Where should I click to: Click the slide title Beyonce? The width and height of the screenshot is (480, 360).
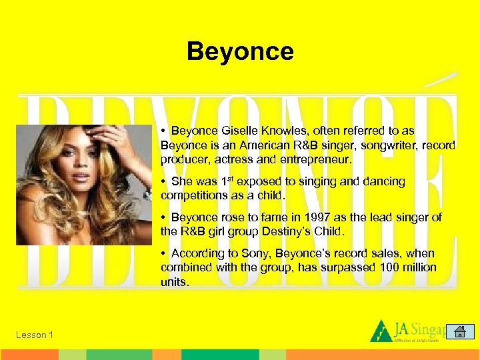click(240, 51)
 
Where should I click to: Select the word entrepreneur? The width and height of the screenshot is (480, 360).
click(315, 159)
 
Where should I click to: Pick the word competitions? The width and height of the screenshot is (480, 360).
click(194, 195)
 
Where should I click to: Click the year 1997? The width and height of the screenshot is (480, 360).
click(317, 217)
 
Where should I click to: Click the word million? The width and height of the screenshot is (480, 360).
click(417, 267)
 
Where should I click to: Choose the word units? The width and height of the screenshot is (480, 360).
click(174, 282)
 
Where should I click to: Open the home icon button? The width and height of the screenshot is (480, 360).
click(459, 332)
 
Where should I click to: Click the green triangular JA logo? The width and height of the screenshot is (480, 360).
click(381, 331)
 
